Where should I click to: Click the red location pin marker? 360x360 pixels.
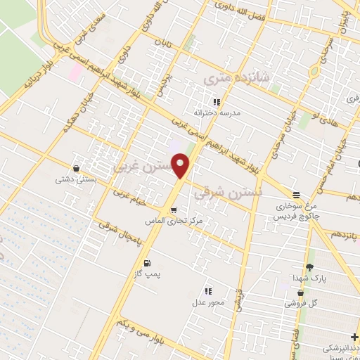click(x=181, y=166)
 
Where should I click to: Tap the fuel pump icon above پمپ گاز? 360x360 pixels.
click(x=147, y=263)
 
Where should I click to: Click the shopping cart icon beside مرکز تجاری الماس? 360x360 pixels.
click(x=173, y=210)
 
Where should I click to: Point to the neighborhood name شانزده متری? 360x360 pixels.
click(x=227, y=79)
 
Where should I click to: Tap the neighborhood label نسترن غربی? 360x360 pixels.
click(x=139, y=167)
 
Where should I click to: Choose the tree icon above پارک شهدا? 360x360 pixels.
click(x=309, y=267)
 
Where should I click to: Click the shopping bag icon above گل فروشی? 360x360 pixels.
click(x=301, y=292)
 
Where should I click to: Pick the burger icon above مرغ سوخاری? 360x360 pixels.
click(x=296, y=195)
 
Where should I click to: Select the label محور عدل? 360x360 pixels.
click(x=208, y=302)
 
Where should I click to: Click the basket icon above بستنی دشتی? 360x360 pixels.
click(x=75, y=169)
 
